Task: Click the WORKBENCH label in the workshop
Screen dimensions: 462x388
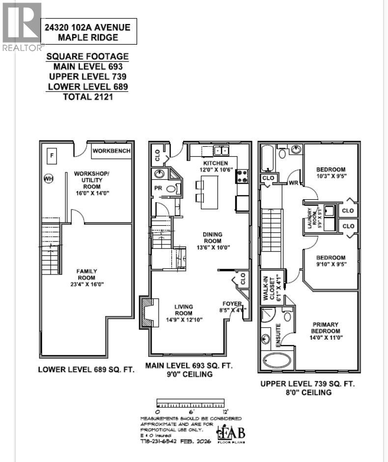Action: point(111,151)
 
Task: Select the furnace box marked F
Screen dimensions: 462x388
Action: point(51,157)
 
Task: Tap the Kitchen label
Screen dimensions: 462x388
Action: point(215,163)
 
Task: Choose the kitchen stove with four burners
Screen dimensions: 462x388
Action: point(243,176)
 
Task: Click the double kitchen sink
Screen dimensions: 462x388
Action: point(219,151)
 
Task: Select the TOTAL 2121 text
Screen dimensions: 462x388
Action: point(87,97)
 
